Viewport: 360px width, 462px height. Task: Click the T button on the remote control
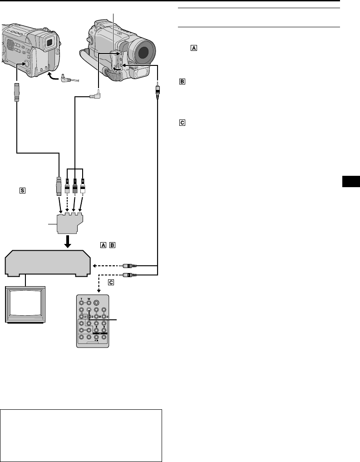click(x=81, y=300)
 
